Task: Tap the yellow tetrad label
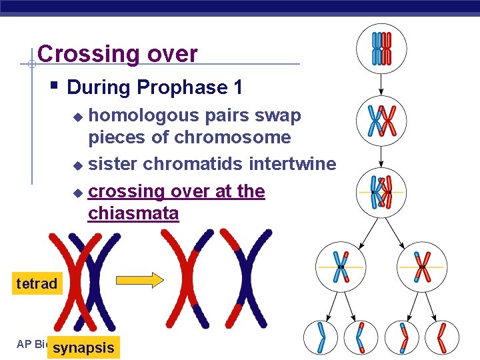[37, 283]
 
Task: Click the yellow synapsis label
[83, 348]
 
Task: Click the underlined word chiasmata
[133, 213]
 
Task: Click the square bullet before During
[55, 86]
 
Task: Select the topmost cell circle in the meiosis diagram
[381, 47]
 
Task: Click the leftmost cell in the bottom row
[321, 337]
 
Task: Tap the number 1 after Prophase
[237, 87]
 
